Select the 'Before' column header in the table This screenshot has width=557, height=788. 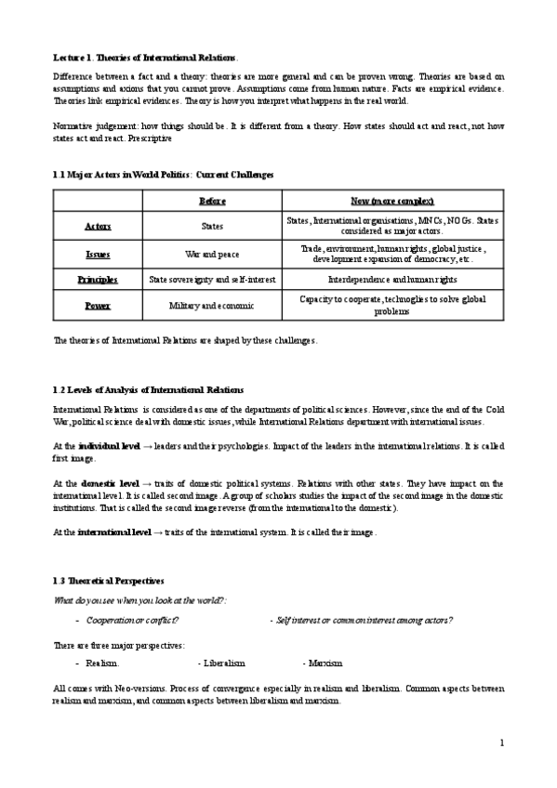(x=212, y=202)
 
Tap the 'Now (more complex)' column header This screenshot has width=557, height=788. (x=391, y=202)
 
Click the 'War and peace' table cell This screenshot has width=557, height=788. (x=212, y=254)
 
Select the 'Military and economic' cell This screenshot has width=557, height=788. (x=212, y=305)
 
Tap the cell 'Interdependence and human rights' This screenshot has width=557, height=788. (x=391, y=279)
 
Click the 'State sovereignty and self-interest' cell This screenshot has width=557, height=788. (x=212, y=279)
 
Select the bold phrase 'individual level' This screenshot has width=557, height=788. (x=109, y=447)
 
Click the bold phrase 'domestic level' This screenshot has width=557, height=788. (x=110, y=484)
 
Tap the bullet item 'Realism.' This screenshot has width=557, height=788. (x=102, y=663)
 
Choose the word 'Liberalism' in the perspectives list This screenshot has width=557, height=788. (x=224, y=663)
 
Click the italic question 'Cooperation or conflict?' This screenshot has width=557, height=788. (x=132, y=619)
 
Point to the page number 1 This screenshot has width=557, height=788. (x=501, y=743)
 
